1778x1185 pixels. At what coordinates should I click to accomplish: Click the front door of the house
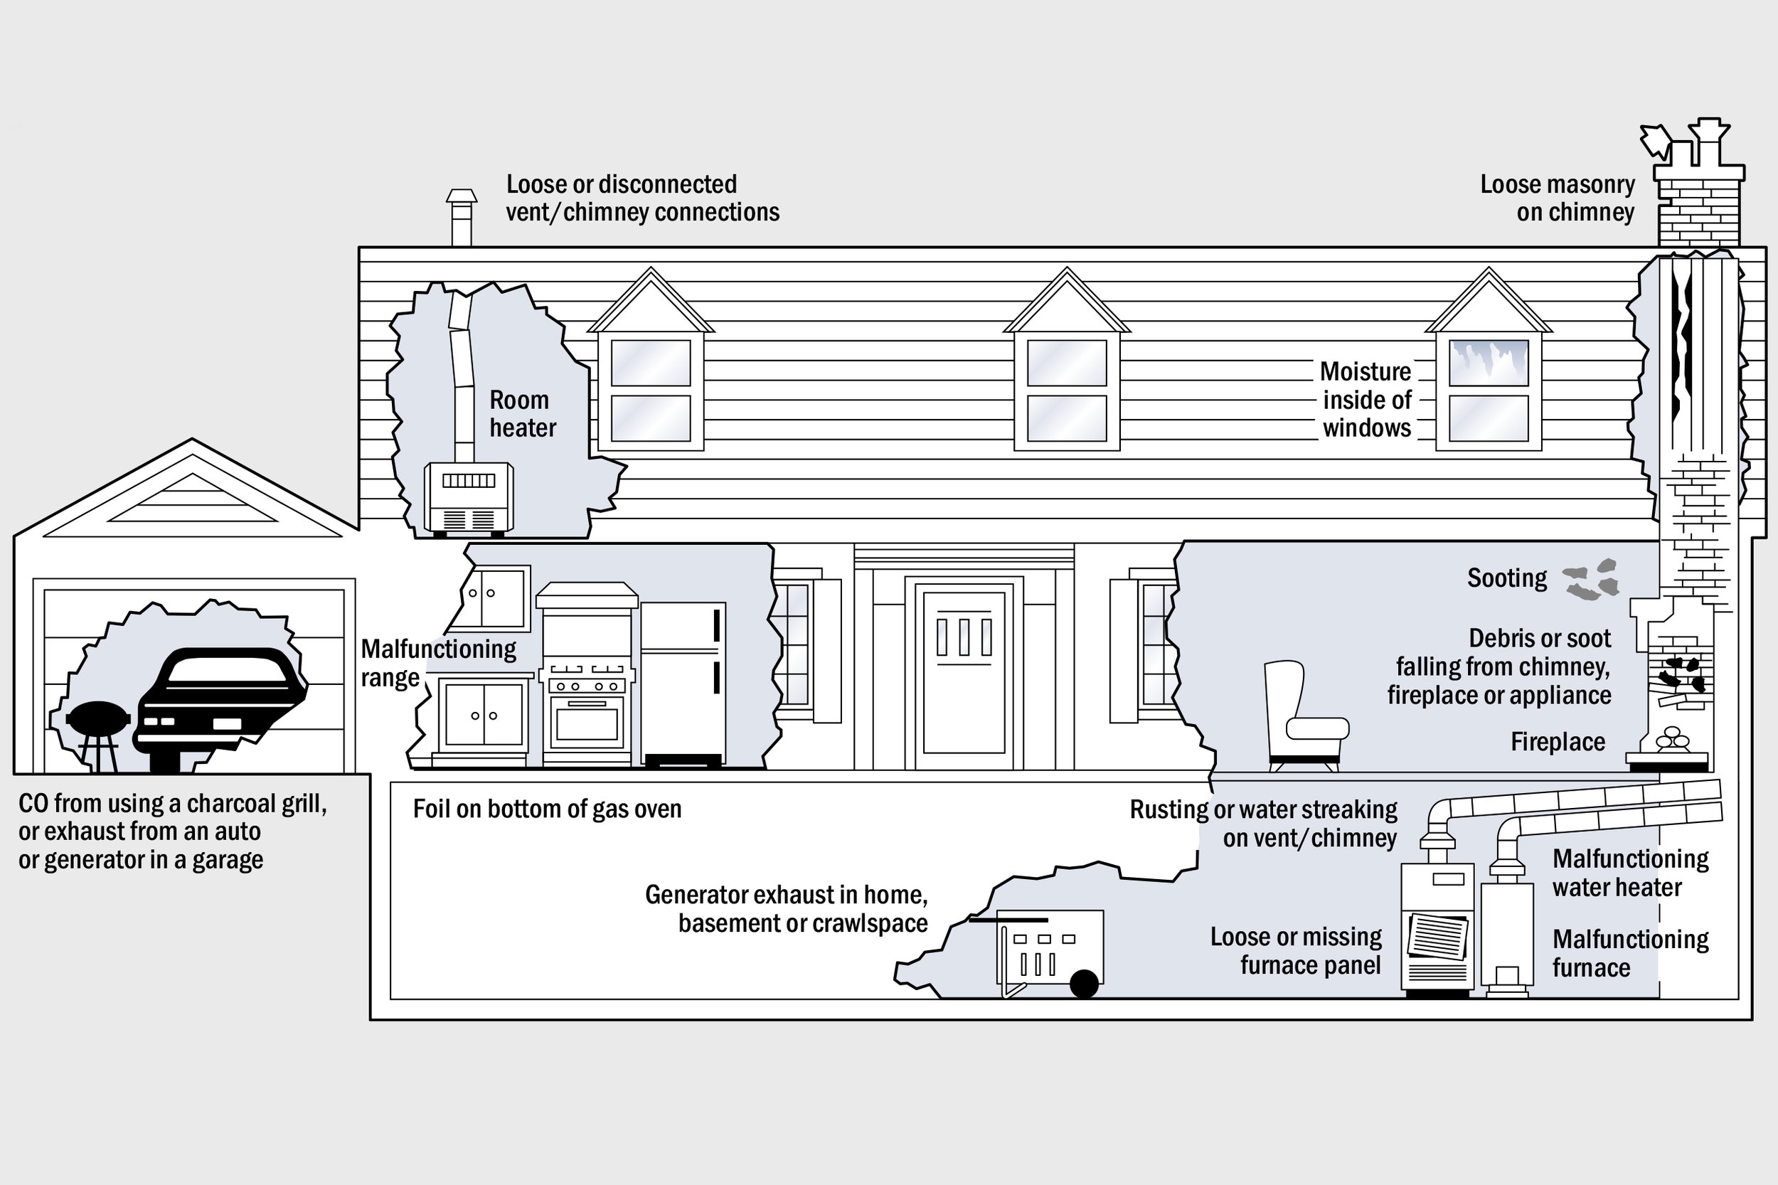964,673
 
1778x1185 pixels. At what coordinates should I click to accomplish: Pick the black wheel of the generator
1084,984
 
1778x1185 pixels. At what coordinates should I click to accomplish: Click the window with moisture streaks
1488,363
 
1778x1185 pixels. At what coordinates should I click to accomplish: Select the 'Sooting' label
1507,578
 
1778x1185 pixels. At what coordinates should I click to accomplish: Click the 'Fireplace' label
1558,742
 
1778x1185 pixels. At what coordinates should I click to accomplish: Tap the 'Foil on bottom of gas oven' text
547,809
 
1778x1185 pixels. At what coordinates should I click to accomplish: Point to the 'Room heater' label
522,414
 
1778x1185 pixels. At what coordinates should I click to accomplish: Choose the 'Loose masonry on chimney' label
1558,198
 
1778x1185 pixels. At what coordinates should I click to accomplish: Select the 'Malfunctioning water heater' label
1630,873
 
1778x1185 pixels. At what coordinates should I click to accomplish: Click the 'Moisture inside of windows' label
1366,400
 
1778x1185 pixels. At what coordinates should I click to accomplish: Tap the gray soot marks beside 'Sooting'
1592,580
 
